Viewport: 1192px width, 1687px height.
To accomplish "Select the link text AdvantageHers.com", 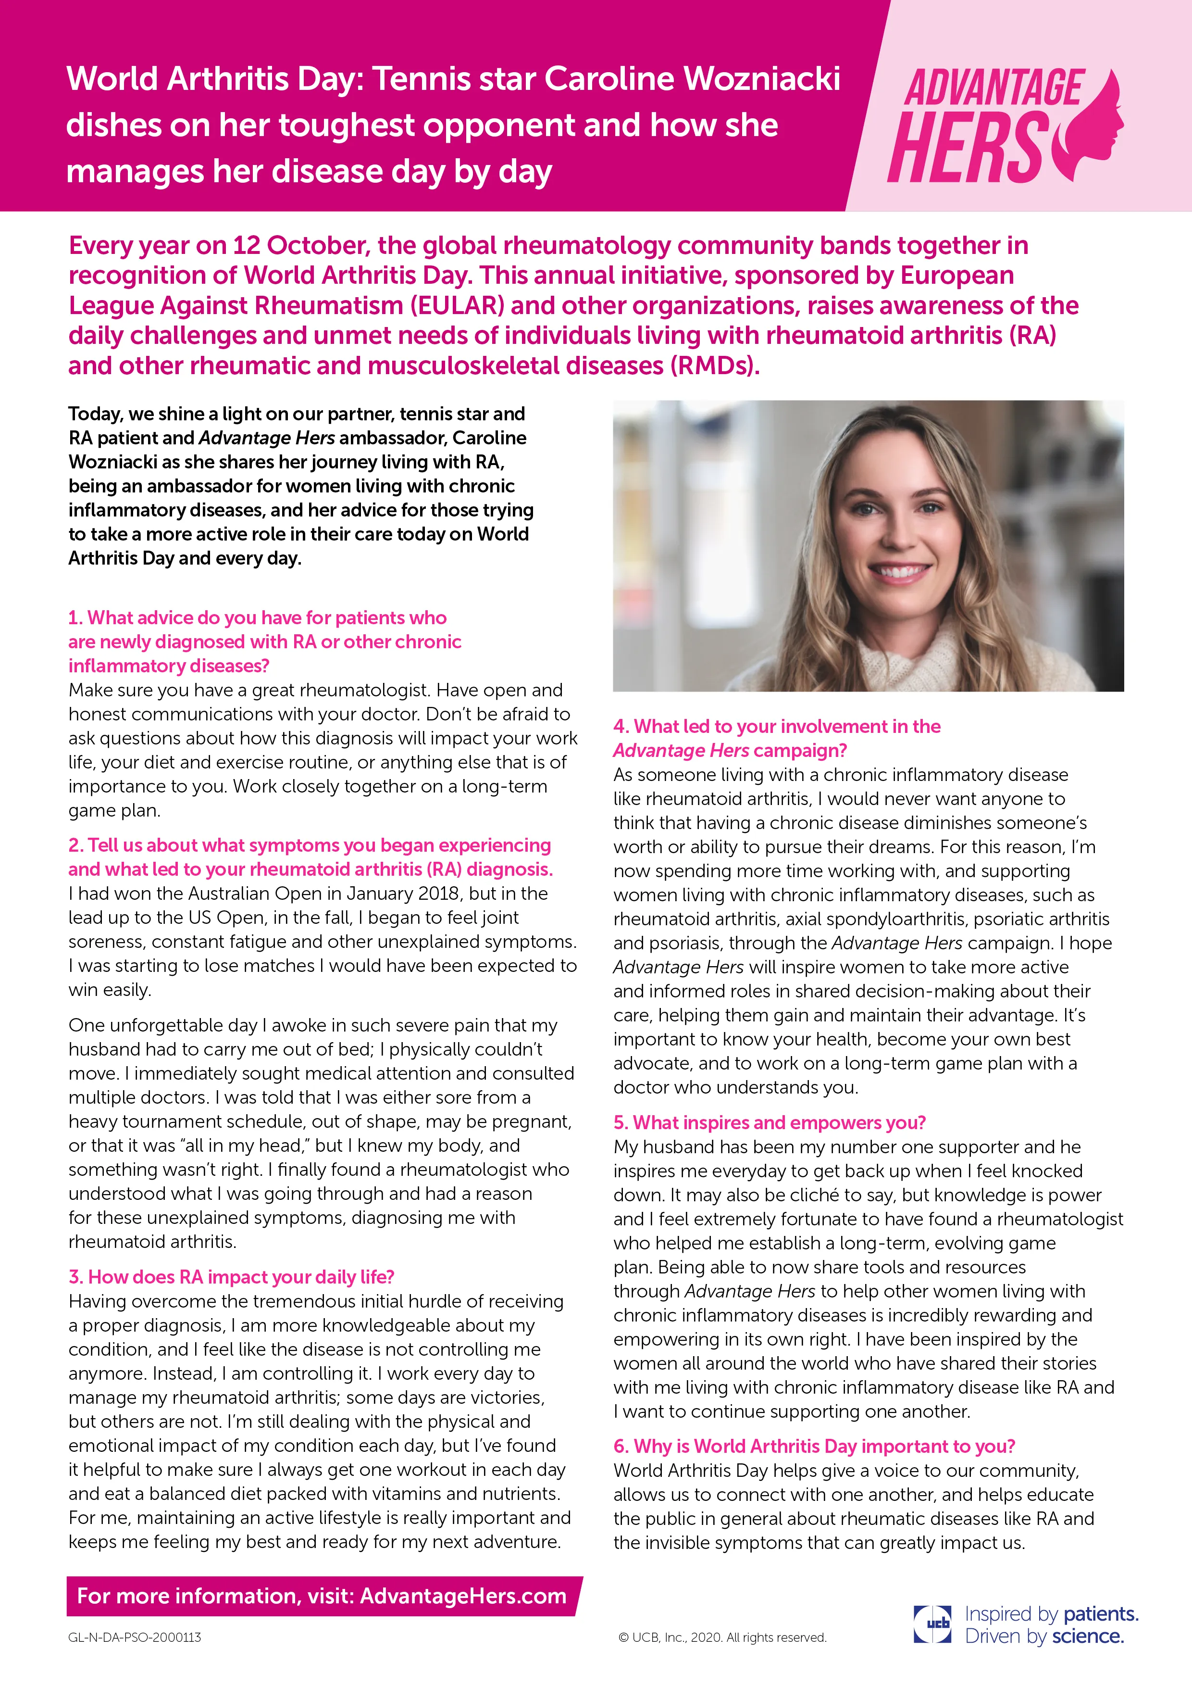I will tap(463, 1596).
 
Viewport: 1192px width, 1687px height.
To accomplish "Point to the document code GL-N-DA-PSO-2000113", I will tap(135, 1637).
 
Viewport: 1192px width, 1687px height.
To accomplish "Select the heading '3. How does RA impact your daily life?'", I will tap(231, 1276).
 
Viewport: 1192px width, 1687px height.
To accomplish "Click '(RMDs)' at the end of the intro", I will tap(712, 365).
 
